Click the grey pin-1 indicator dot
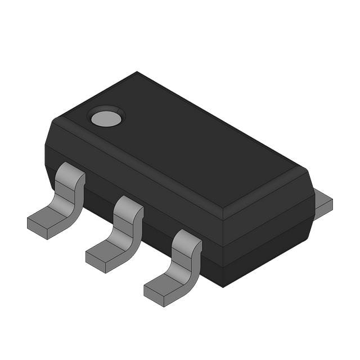coord(106,118)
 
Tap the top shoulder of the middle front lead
coord(128,206)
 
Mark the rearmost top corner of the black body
coord(137,73)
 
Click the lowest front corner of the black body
coord(223,285)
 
